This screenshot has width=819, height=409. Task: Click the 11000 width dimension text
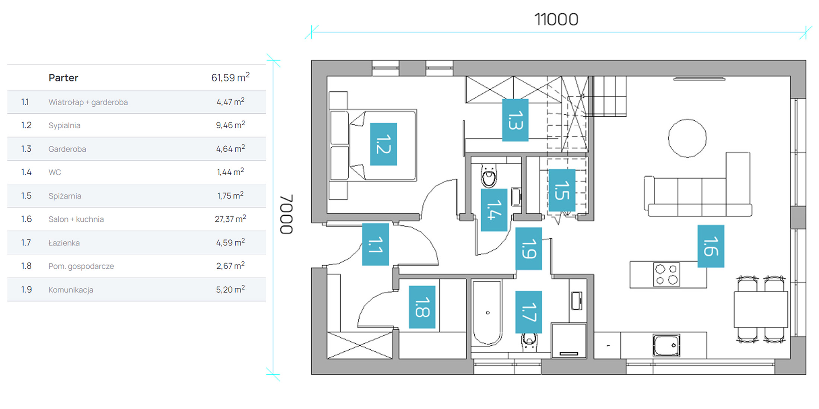coord(556,19)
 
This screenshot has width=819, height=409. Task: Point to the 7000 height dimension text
coord(286,214)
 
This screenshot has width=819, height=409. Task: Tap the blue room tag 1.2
coord(383,144)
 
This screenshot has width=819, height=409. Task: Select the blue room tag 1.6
coord(711,246)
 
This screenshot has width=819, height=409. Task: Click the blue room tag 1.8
coord(422,307)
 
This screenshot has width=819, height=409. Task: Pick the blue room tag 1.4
coord(494,210)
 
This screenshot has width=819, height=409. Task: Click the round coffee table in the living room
coord(687,138)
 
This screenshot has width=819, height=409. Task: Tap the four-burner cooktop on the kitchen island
coord(666,274)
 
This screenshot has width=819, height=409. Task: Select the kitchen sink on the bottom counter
coord(666,345)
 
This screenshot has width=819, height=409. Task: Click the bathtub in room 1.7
coord(487,313)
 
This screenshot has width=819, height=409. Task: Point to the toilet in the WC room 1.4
coord(489,176)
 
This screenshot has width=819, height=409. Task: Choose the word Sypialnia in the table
coord(64,125)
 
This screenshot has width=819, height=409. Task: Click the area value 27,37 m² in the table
coord(230,219)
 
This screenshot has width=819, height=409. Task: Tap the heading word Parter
coord(63,78)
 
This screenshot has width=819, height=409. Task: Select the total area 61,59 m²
coord(230,77)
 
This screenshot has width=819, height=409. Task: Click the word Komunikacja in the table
coord(71,290)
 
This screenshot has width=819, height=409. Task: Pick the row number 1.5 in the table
coord(26,196)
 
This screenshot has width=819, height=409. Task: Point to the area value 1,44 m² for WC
coord(230,172)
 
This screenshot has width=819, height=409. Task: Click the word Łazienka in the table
coord(64,242)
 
